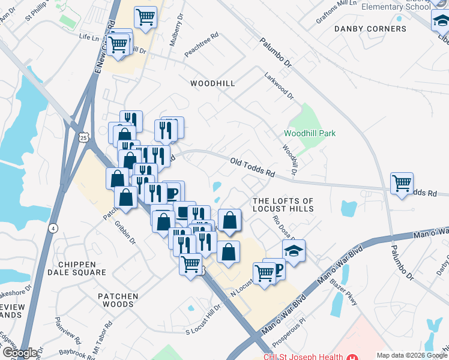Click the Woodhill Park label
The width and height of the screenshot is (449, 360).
pyautogui.click(x=309, y=133)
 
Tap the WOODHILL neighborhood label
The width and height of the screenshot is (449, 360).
pyautogui.click(x=212, y=83)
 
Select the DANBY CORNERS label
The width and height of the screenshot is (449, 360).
pyautogui.click(x=370, y=29)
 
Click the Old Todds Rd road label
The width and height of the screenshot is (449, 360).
pyautogui.click(x=252, y=167)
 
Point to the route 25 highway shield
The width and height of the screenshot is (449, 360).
pyautogui.click(x=83, y=137)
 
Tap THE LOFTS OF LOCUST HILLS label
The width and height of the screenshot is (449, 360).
pyautogui.click(x=283, y=205)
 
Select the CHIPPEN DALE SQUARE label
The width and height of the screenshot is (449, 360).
pyautogui.click(x=82, y=268)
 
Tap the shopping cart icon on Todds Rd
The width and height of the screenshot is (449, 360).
pyautogui.click(x=402, y=182)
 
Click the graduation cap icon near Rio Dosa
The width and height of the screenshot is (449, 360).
pyautogui.click(x=294, y=250)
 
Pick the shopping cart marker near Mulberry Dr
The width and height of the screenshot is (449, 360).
pyautogui.click(x=145, y=18)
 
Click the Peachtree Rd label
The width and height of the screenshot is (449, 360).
pyautogui.click(x=201, y=45)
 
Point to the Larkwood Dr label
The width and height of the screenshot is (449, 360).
pyautogui.click(x=279, y=86)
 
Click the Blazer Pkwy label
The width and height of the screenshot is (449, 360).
pyautogui.click(x=349, y=293)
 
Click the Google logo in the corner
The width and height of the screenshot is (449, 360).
pyautogui.click(x=19, y=353)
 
